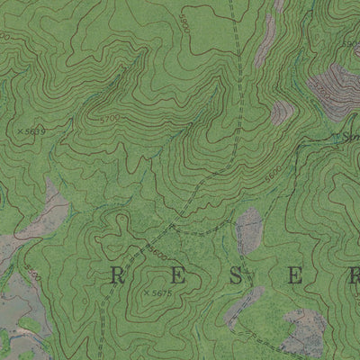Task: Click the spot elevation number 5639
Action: tap(35, 131)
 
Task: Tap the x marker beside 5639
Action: tap(20, 131)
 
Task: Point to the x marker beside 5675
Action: tap(146, 292)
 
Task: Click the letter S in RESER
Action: tap(235, 276)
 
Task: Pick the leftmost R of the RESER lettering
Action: tap(116, 276)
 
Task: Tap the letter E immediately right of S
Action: tap(295, 276)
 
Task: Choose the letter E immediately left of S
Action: tap(175, 276)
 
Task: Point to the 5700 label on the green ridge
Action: tap(111, 119)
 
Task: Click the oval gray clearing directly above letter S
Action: tap(247, 231)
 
